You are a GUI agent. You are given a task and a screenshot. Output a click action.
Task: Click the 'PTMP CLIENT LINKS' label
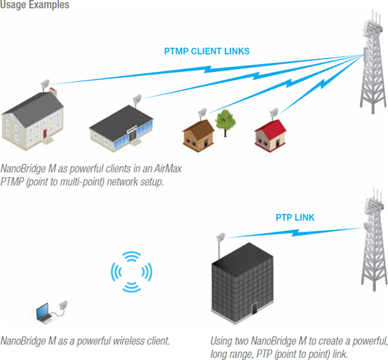pyautogui.click(x=207, y=52)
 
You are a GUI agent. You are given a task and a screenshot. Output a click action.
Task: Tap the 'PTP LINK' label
pyautogui.click(x=295, y=217)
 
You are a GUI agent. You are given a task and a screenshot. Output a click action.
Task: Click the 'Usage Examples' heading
pyautogui.click(x=35, y=4)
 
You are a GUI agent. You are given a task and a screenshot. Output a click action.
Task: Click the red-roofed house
pyautogui.click(x=270, y=136)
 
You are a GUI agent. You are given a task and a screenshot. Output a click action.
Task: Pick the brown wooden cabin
pyautogui.click(x=198, y=136)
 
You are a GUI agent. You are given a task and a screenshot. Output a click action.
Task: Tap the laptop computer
pyautogui.click(x=44, y=313)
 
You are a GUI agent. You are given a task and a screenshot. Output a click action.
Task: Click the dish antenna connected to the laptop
pyautogui.click(x=63, y=305)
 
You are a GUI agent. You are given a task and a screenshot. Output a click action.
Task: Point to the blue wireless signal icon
pyautogui.click(x=131, y=272)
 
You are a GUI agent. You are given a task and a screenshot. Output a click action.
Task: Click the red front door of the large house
pyautogui.click(x=44, y=133)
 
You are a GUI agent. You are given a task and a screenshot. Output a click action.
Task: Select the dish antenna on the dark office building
pyautogui.click(x=221, y=238)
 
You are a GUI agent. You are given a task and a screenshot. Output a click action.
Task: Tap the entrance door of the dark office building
pyautogui.click(x=255, y=308)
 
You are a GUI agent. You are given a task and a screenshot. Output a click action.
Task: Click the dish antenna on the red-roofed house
pyautogui.click(x=274, y=113)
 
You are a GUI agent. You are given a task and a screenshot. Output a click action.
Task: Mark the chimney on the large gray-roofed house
pyautogui.click(x=53, y=92)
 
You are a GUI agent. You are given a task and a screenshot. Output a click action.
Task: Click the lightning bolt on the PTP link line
pyautogui.click(x=295, y=233)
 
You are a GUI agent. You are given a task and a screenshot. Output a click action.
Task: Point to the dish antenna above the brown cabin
pyautogui.click(x=202, y=113)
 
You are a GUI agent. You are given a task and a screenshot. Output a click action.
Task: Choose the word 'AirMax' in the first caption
pyautogui.click(x=168, y=169)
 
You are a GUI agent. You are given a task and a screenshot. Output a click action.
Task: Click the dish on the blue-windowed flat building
pyautogui.click(x=137, y=100)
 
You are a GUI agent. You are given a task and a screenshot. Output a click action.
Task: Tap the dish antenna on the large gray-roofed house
pyautogui.click(x=45, y=85)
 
